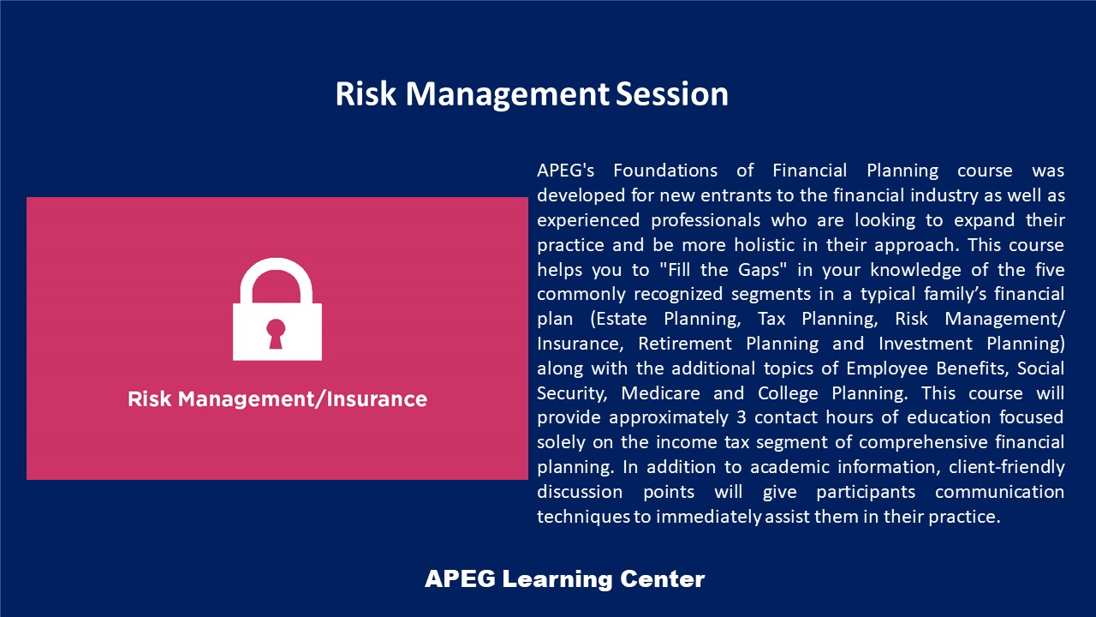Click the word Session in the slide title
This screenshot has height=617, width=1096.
click(x=672, y=93)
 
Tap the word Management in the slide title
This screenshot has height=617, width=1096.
click(x=508, y=94)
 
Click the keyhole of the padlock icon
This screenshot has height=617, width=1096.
click(x=276, y=333)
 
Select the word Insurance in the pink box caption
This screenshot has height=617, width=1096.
click(x=376, y=399)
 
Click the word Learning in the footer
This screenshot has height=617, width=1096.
click(x=557, y=579)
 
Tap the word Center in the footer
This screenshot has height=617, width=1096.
click(x=662, y=579)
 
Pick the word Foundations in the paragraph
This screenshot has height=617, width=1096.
click(x=665, y=171)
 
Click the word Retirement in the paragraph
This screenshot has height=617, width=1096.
click(x=684, y=344)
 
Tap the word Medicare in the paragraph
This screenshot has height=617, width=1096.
click(x=660, y=393)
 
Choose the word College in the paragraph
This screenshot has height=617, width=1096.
click(x=788, y=393)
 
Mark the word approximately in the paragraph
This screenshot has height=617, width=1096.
click(x=669, y=418)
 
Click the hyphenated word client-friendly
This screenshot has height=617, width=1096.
click(x=1006, y=467)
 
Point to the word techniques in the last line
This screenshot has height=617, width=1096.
click(x=583, y=517)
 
